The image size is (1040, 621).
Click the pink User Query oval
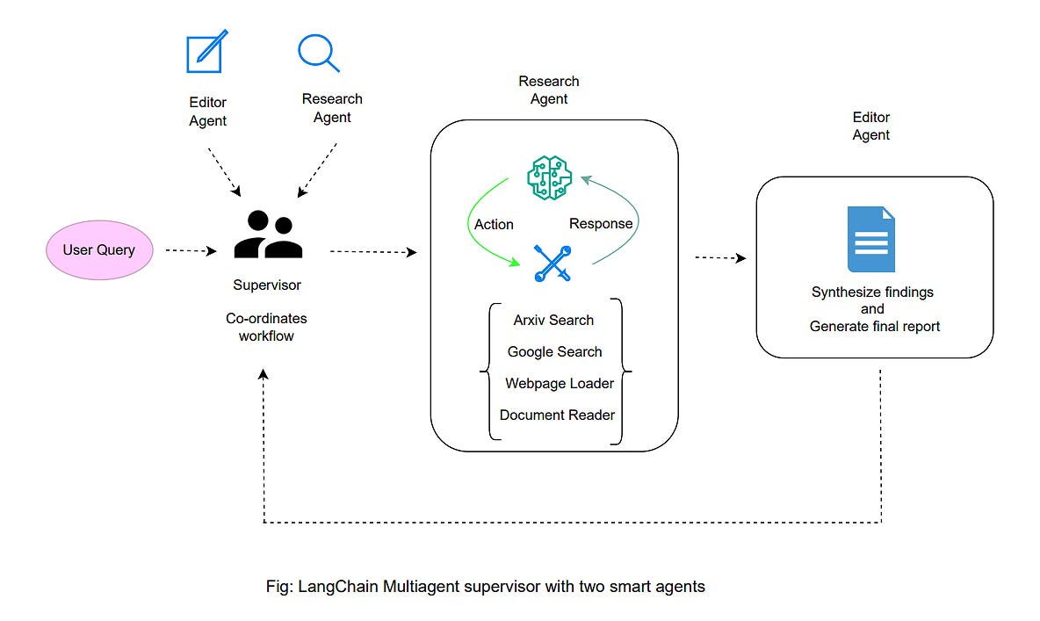click(98, 250)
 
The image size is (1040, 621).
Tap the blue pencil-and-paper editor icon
click(207, 52)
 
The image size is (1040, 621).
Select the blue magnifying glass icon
click(318, 53)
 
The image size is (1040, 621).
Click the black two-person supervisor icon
click(267, 235)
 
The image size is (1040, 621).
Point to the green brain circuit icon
click(549, 177)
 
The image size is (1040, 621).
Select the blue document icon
click(870, 239)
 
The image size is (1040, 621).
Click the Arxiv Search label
click(553, 321)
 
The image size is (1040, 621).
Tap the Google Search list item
click(554, 352)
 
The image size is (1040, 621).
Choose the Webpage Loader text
click(559, 384)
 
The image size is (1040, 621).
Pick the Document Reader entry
click(557, 415)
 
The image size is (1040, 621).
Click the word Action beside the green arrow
click(494, 225)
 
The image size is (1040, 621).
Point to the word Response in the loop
click(601, 224)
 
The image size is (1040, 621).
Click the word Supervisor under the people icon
click(267, 285)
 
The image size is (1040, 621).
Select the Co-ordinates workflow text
click(266, 327)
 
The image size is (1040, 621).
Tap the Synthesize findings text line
click(872, 292)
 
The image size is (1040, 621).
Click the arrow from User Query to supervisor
click(191, 251)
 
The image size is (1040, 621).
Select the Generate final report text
click(875, 327)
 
